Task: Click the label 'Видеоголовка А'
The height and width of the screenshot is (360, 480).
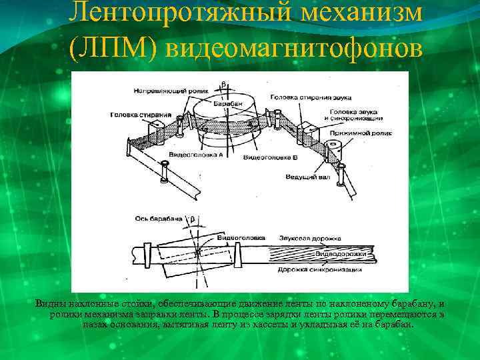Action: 196,154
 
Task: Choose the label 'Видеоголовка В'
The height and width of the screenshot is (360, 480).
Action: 269,158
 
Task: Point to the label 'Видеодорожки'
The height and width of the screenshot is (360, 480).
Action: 340,254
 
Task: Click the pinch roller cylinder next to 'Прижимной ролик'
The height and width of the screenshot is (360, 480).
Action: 331,151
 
